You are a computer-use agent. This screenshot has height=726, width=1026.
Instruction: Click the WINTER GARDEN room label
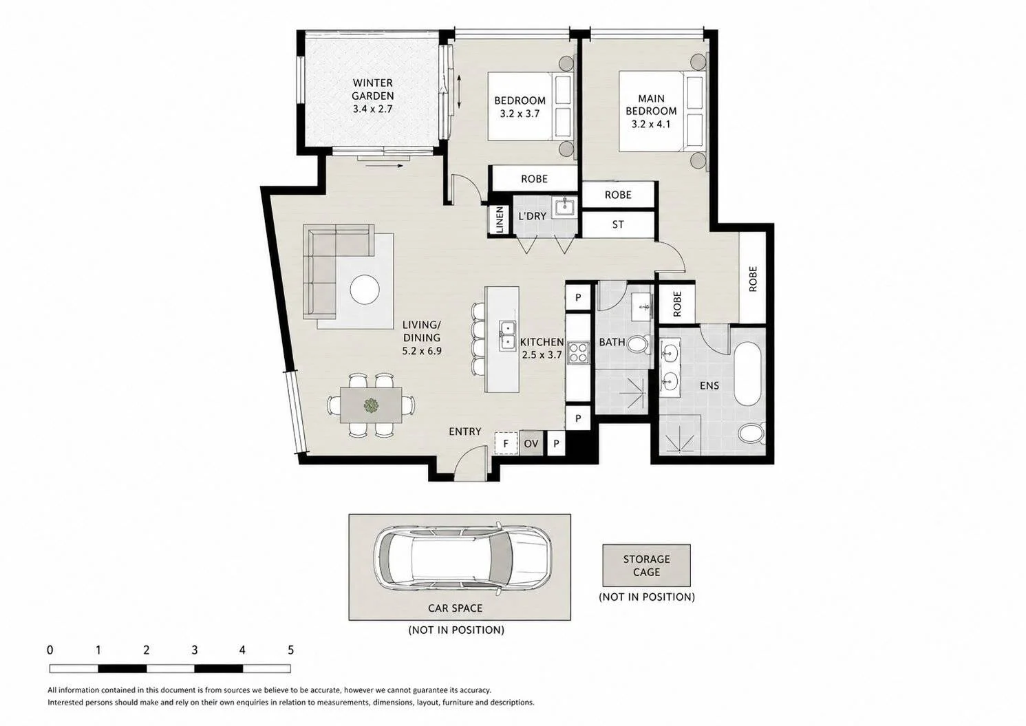click(x=372, y=89)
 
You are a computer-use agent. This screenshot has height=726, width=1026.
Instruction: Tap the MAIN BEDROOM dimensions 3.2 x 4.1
click(x=651, y=124)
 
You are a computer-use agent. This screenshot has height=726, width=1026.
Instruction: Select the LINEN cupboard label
click(x=500, y=220)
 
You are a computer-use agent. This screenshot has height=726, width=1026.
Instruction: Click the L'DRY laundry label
click(x=532, y=216)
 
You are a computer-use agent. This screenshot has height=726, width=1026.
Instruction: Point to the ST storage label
click(x=618, y=224)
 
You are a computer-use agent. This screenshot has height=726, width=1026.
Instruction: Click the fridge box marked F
click(x=506, y=443)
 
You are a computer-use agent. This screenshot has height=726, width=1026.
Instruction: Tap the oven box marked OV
click(x=531, y=443)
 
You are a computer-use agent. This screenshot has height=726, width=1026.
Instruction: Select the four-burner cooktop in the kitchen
click(x=578, y=354)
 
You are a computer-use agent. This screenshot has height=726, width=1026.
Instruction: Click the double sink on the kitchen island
click(x=508, y=336)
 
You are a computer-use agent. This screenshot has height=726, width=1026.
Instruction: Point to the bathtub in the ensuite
click(x=748, y=373)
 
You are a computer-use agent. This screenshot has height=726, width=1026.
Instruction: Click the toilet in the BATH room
click(x=639, y=344)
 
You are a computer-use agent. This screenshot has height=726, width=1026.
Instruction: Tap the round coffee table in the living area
click(x=365, y=289)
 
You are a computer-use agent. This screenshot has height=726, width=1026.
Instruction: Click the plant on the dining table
click(x=371, y=405)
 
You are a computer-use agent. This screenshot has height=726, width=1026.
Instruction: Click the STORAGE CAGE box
click(x=646, y=565)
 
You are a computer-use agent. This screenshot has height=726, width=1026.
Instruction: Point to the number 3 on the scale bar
click(x=194, y=650)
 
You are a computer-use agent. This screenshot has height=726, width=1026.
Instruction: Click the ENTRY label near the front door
click(x=465, y=431)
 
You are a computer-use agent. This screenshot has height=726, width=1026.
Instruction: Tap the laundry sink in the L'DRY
click(x=564, y=208)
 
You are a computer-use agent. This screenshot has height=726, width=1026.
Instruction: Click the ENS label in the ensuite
click(x=709, y=385)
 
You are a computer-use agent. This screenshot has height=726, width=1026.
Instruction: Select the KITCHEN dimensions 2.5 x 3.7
click(x=542, y=354)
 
